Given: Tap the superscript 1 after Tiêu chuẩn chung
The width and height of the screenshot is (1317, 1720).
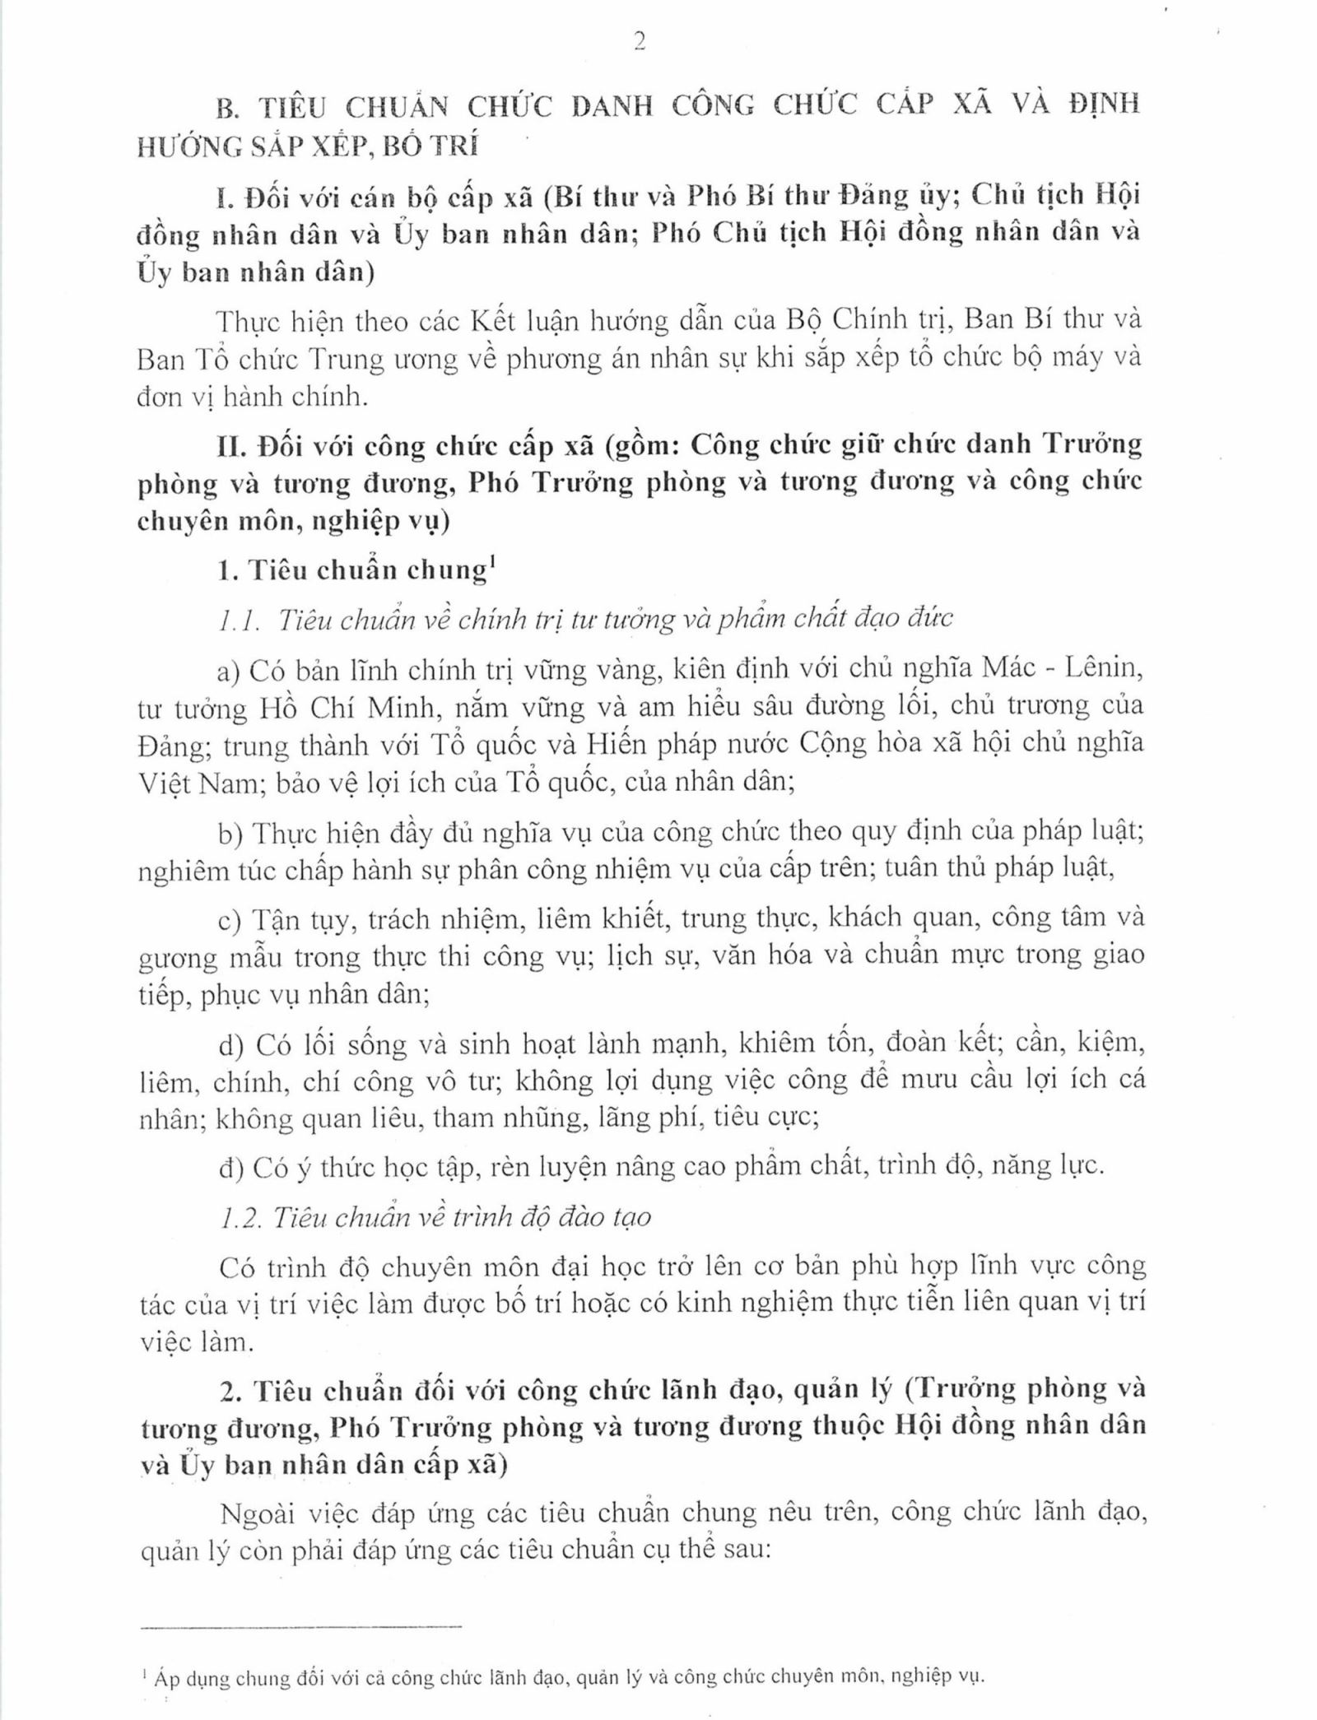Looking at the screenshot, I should pyautogui.click(x=491, y=562).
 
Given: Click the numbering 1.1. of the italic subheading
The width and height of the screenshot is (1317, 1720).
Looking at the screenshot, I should pyautogui.click(x=240, y=620).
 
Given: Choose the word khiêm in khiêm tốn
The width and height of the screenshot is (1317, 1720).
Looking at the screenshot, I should pyautogui.click(x=775, y=1044).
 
